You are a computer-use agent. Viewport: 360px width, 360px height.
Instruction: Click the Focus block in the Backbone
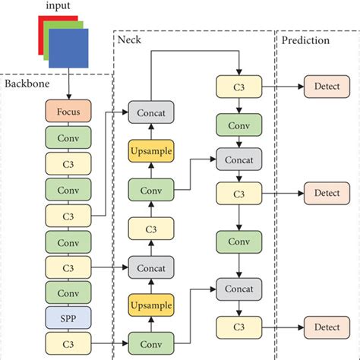(69, 112)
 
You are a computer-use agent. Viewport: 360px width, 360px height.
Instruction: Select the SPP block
(69, 317)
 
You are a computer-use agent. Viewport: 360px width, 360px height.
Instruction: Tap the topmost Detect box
(327, 86)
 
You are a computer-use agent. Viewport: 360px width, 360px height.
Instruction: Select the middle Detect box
(327, 194)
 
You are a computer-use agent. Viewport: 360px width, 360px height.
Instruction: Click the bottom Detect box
(327, 327)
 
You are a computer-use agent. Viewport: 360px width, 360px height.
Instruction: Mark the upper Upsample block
(151, 152)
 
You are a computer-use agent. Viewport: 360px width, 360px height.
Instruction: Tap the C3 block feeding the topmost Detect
(239, 86)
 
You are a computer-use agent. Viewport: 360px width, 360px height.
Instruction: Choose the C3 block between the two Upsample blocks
(151, 227)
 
